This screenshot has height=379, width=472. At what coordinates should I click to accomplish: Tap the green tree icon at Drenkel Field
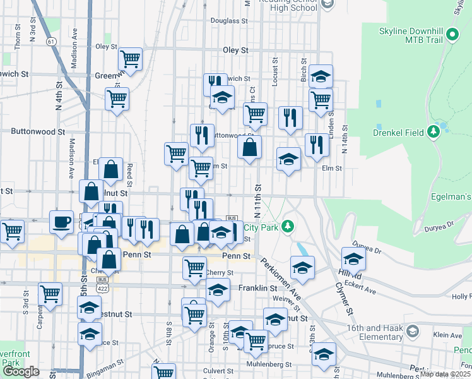[434, 132]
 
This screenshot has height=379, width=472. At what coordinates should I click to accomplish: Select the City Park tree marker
[287, 226]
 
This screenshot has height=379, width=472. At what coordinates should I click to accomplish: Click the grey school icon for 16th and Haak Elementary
[413, 331]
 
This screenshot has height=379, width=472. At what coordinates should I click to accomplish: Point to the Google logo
[21, 371]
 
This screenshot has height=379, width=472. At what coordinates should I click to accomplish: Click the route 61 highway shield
[51, 41]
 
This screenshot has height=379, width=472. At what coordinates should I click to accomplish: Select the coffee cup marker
[62, 222]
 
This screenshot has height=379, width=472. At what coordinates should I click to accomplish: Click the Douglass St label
[228, 21]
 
